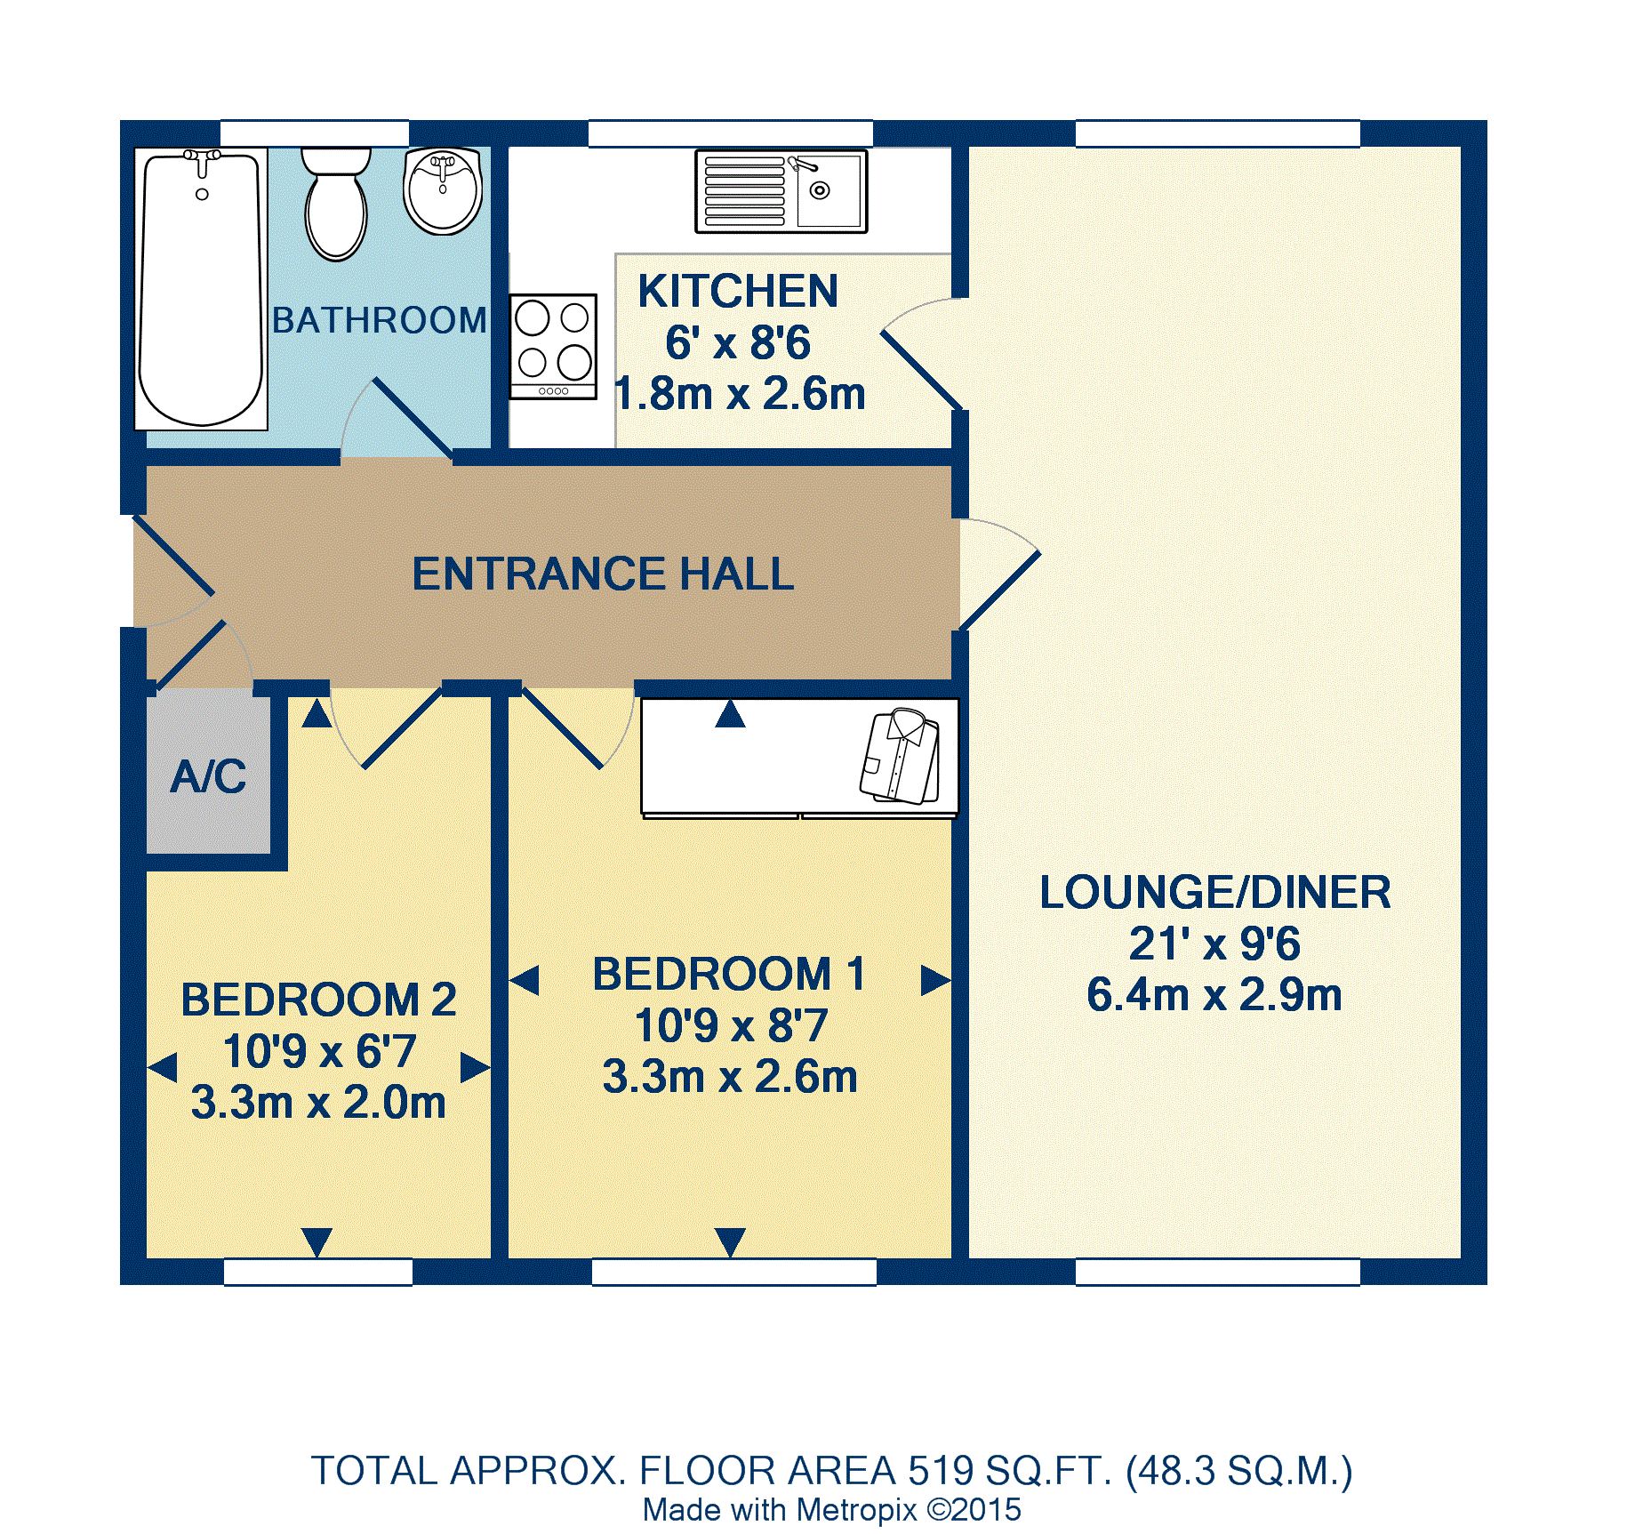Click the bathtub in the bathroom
[x=202, y=289]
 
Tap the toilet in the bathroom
[x=336, y=207]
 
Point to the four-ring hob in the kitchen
[x=553, y=346]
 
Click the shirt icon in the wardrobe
[x=901, y=757]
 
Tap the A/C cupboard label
[x=209, y=776]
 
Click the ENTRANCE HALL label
[x=603, y=574]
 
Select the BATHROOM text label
[x=380, y=320]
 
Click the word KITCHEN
[x=738, y=291]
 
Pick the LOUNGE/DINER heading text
[x=1215, y=892]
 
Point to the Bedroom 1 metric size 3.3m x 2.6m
[x=730, y=1077]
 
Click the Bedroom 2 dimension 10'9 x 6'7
[x=319, y=1051]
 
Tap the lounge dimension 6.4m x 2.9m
[x=1214, y=994]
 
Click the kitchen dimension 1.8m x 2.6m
[x=740, y=394]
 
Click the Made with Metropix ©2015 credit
[x=832, y=1510]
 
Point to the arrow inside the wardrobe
[x=730, y=714]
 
